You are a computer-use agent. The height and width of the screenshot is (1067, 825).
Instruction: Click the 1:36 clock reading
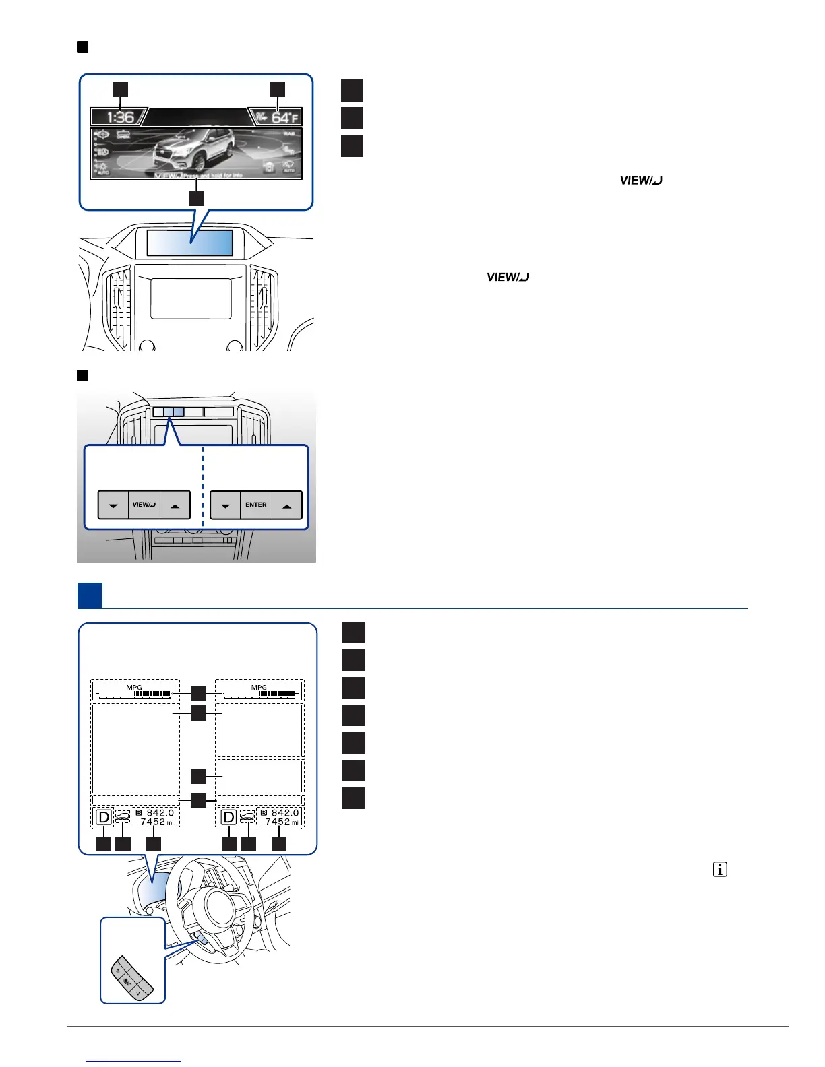[121, 118]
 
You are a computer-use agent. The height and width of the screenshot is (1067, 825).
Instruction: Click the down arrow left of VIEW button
[113, 505]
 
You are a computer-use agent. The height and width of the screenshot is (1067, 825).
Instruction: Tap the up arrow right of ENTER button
[287, 505]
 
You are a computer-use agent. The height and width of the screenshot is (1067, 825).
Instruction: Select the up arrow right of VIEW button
[175, 505]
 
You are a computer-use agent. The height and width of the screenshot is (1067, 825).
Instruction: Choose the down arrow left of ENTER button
[225, 505]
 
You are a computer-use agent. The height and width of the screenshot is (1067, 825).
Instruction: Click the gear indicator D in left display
[103, 818]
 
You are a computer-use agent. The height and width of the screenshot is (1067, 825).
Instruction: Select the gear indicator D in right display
[229, 818]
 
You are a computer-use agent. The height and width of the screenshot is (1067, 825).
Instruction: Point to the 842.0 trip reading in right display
[284, 813]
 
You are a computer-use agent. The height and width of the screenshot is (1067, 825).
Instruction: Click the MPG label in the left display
[134, 687]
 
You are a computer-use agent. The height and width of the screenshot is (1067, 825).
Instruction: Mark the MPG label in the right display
[259, 687]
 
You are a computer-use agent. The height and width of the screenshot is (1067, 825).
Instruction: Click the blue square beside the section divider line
[90, 595]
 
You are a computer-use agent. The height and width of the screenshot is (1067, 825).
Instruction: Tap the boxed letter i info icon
[720, 870]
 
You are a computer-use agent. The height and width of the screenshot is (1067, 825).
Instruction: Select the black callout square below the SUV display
[195, 198]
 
